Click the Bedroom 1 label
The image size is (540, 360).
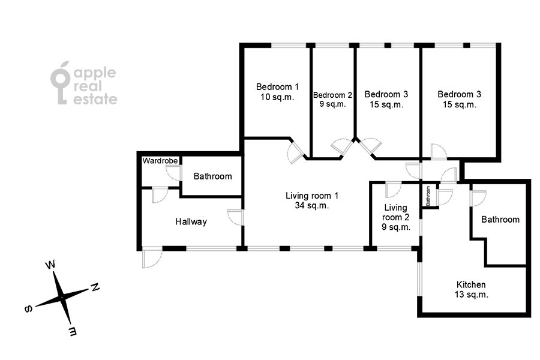coord(277,92)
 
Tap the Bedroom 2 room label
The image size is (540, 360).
coord(332,99)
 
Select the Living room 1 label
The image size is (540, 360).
coord(311,200)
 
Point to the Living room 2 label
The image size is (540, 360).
coord(396,217)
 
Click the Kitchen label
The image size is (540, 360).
coord(471,289)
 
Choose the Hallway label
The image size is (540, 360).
coord(191,221)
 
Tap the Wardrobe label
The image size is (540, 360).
coord(160,161)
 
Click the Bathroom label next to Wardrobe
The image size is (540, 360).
coord(212,176)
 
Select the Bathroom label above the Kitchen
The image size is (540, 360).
coord(500,220)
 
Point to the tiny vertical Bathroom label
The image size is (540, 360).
coord(428,196)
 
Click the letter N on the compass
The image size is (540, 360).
coord(95,287)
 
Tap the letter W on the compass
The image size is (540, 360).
coord(50,265)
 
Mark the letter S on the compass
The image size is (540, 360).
coord(29,308)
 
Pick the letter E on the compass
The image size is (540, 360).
coord(73,331)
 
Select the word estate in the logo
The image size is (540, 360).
coord(95,99)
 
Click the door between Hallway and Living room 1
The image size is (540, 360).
coord(236,217)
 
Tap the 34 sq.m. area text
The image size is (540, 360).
coord(311,206)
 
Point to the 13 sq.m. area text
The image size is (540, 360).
coord(471,295)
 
